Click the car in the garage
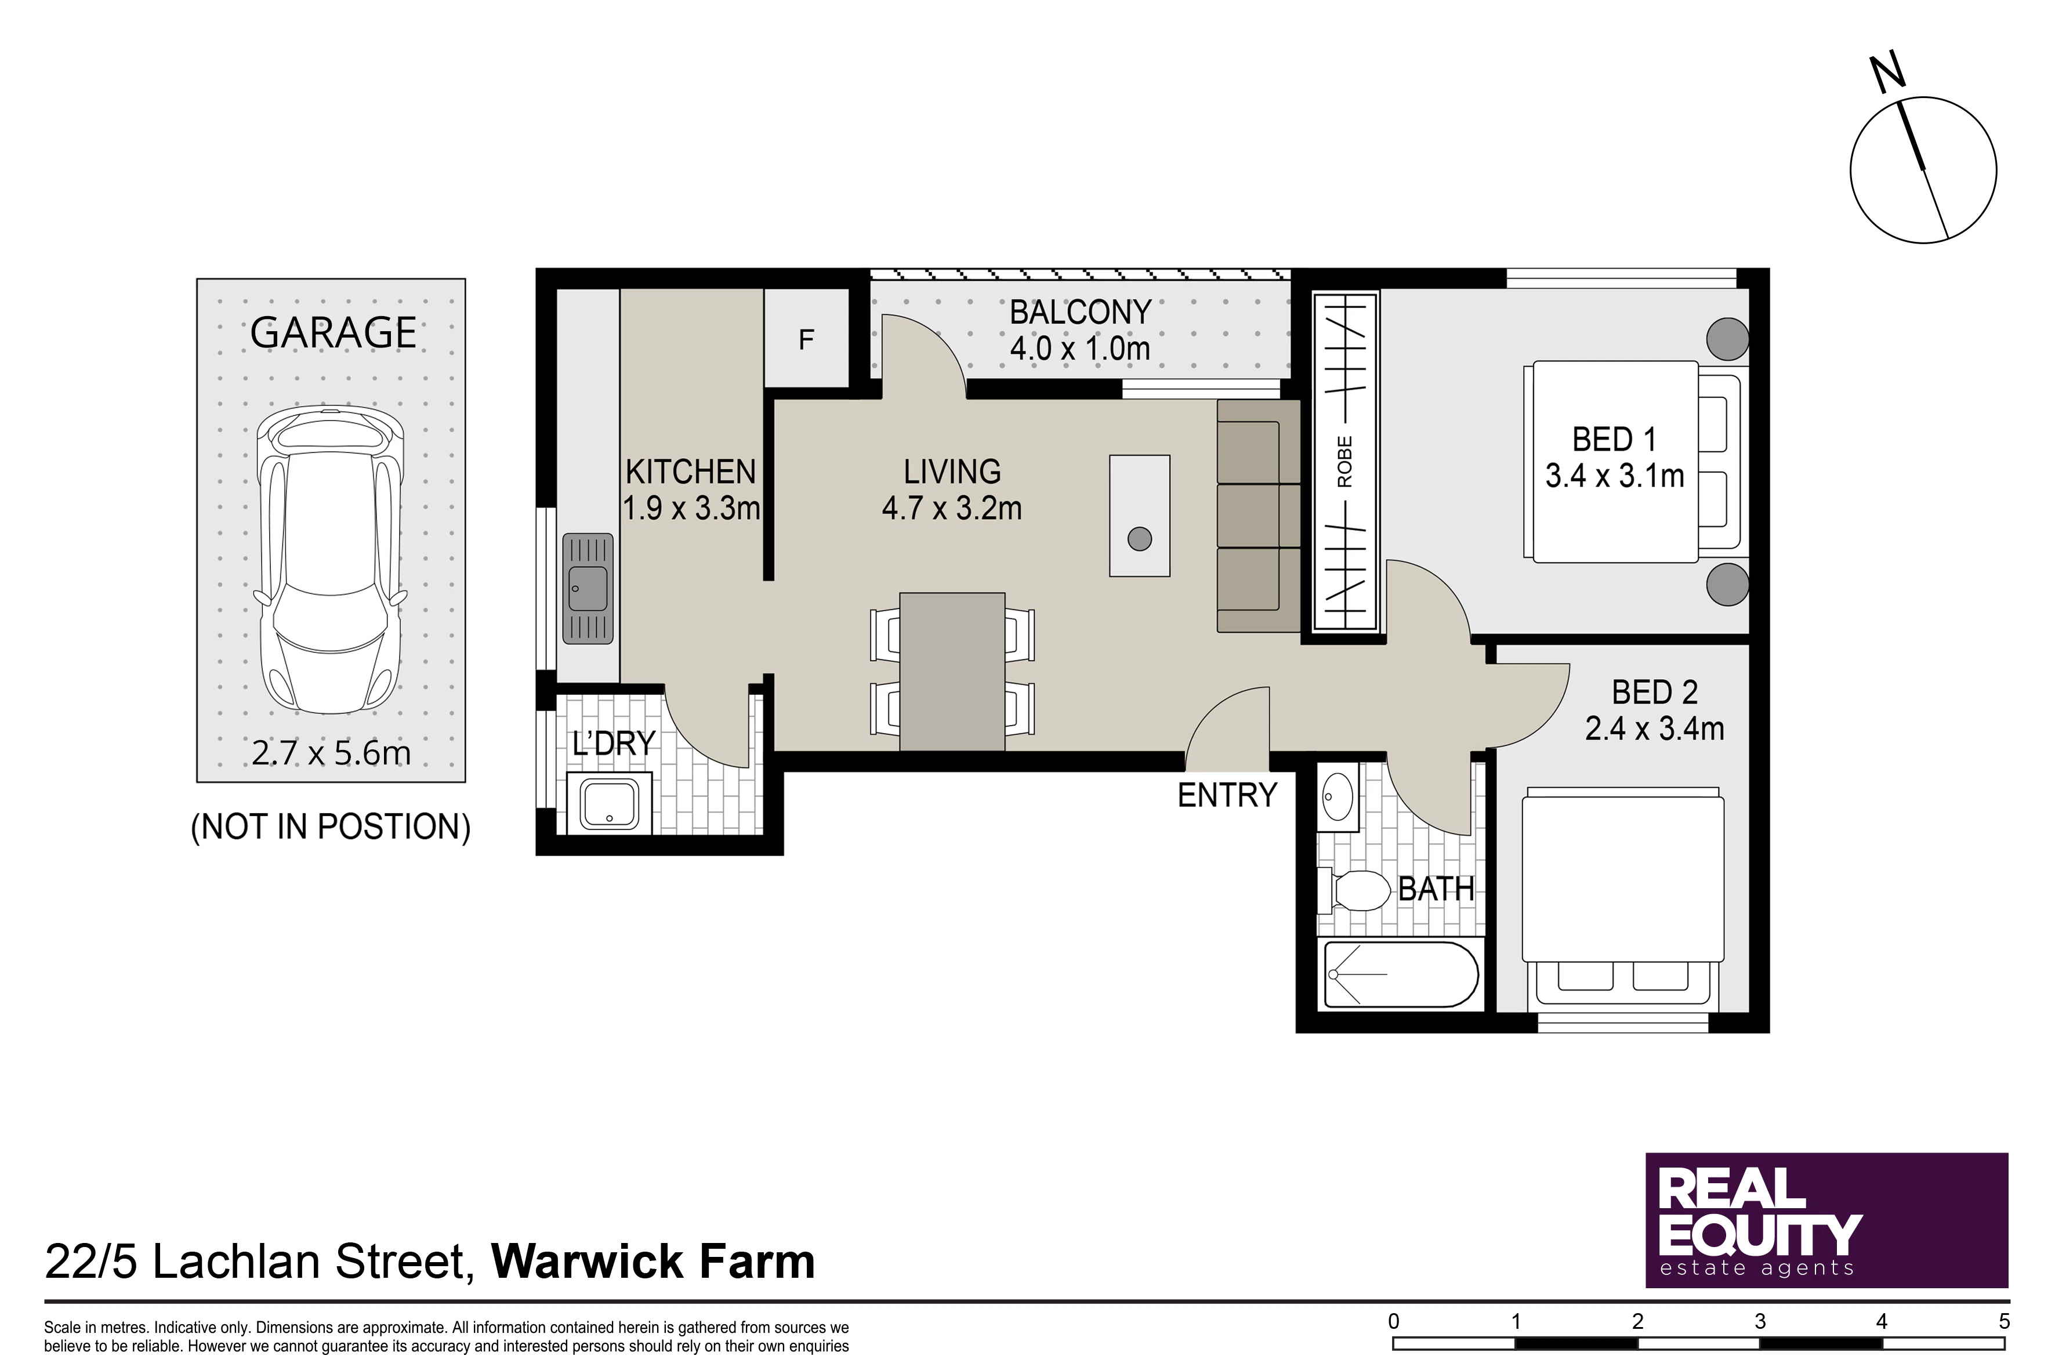pyautogui.click(x=330, y=561)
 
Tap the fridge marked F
pyautogui.click(x=806, y=339)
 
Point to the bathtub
pyautogui.click(x=1401, y=974)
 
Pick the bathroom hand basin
pyautogui.click(x=1338, y=797)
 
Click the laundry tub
pyautogui.click(x=609, y=803)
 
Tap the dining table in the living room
pyautogui.click(x=951, y=671)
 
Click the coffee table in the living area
pyautogui.click(x=1139, y=516)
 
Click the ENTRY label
pyautogui.click(x=1227, y=795)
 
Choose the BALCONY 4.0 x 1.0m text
pyautogui.click(x=1080, y=330)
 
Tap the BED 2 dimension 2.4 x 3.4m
pyautogui.click(x=1654, y=729)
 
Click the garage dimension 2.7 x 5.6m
pyautogui.click(x=331, y=752)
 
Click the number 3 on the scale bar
pyautogui.click(x=1760, y=1321)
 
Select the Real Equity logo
pyautogui.click(x=1827, y=1220)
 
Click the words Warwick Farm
pyautogui.click(x=653, y=1261)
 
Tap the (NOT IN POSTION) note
pyautogui.click(x=330, y=827)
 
